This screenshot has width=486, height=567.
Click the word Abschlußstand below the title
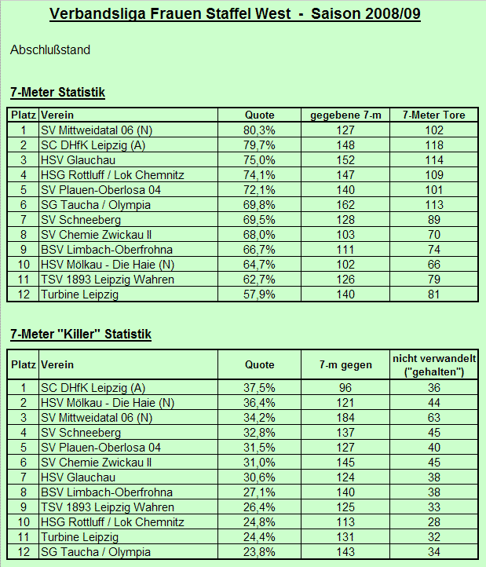(x=50, y=50)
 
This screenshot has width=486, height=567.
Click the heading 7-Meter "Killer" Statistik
(x=81, y=335)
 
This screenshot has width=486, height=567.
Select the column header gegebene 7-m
(x=345, y=115)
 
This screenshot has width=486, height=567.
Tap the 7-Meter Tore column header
(x=433, y=115)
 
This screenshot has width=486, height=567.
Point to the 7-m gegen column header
(x=345, y=365)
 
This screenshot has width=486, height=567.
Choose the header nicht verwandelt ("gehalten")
(x=433, y=365)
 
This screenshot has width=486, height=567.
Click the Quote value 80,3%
(x=259, y=130)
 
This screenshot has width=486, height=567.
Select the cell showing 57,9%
(x=259, y=294)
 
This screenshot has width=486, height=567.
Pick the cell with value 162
(x=345, y=205)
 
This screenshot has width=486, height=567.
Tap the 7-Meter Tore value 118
(x=433, y=145)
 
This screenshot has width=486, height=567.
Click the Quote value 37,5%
(x=259, y=388)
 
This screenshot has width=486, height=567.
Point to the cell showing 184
(x=345, y=418)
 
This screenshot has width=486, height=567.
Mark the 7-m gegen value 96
(x=345, y=388)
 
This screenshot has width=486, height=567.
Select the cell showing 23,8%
(x=259, y=552)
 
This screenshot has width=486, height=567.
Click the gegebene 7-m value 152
(x=345, y=160)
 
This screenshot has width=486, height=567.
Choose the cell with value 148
(x=345, y=145)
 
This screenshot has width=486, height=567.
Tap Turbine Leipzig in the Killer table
(x=79, y=537)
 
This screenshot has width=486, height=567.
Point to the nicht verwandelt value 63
(x=433, y=418)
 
